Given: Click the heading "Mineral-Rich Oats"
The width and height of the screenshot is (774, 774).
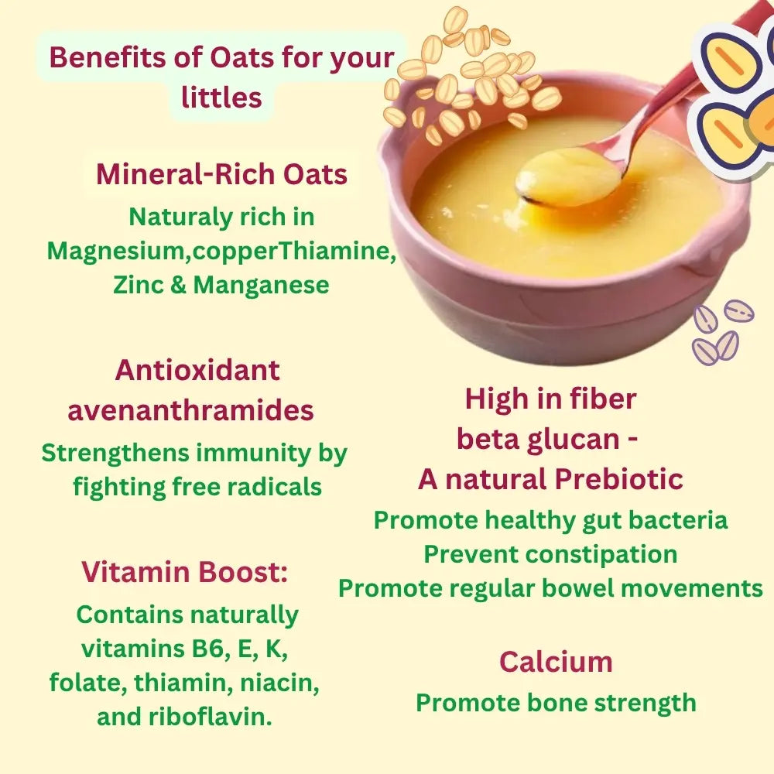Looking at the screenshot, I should [221, 174].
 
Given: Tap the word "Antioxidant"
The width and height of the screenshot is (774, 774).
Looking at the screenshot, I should [197, 370].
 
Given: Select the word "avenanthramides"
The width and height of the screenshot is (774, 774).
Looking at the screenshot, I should [190, 410].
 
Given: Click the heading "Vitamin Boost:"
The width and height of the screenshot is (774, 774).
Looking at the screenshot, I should [185, 573].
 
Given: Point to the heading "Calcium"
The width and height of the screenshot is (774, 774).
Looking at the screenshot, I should [556, 662].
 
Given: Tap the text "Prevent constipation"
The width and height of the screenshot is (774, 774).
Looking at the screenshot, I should [550, 554].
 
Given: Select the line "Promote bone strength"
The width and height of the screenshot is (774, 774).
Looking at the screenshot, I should [556, 703].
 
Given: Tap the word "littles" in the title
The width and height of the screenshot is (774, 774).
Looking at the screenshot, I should [221, 98].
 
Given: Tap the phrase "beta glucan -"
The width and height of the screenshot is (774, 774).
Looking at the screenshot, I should [547, 439].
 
